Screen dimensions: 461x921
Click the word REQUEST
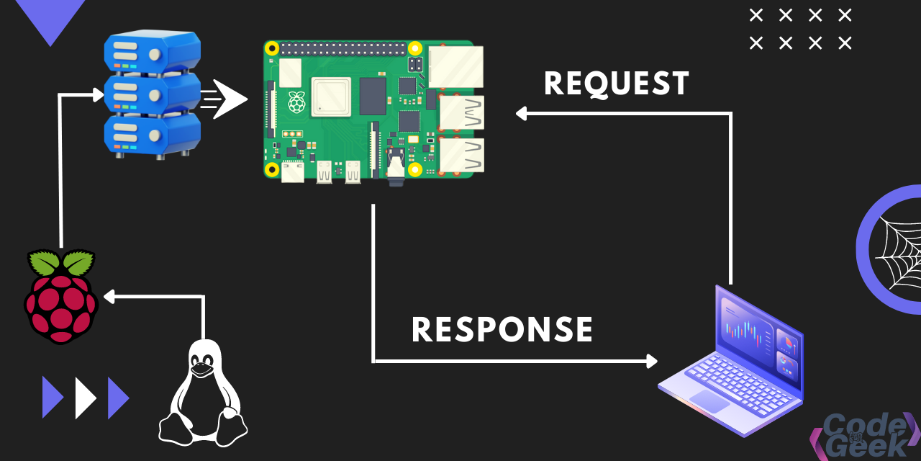pos(617,84)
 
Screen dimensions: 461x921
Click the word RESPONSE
pos(502,330)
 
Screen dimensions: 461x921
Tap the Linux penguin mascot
pos(203,393)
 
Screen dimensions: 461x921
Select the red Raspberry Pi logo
pos(61,297)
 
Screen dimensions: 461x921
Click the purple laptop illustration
pos(730,360)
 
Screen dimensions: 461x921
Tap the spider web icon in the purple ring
pos(897,249)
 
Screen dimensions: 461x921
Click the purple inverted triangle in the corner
pos(50,18)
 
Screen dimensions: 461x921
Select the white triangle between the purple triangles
pos(85,397)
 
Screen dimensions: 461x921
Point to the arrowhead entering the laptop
pos(652,361)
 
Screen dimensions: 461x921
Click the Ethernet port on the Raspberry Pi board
pos(455,66)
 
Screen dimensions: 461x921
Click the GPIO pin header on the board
pos(342,50)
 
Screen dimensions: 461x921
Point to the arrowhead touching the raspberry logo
pos(109,296)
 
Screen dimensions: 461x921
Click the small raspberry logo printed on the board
pos(296,102)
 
